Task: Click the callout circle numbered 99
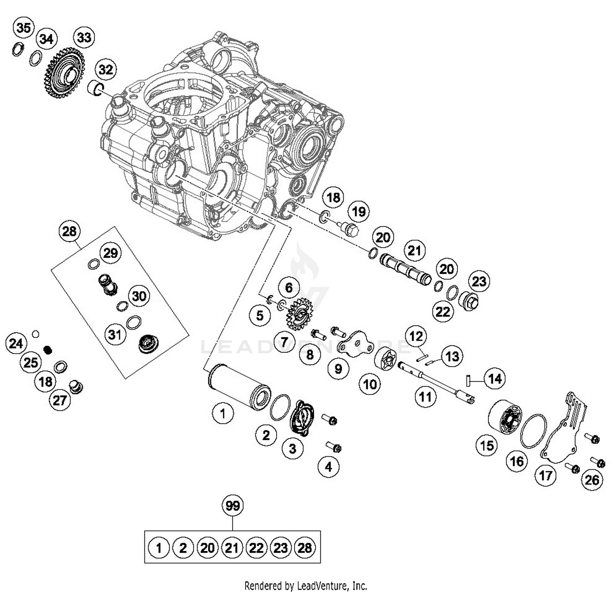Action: [x=233, y=506]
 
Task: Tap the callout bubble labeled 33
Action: [x=84, y=38]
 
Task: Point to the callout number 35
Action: [x=23, y=28]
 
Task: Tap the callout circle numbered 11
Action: [x=425, y=396]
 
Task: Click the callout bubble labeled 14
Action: [x=494, y=379]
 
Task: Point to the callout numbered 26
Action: [x=592, y=480]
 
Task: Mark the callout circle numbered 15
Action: [x=487, y=445]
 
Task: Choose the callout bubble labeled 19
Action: [x=359, y=212]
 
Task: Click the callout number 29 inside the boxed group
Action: [x=111, y=253]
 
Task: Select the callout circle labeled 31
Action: [x=115, y=334]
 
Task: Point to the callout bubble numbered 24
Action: [x=16, y=343]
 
